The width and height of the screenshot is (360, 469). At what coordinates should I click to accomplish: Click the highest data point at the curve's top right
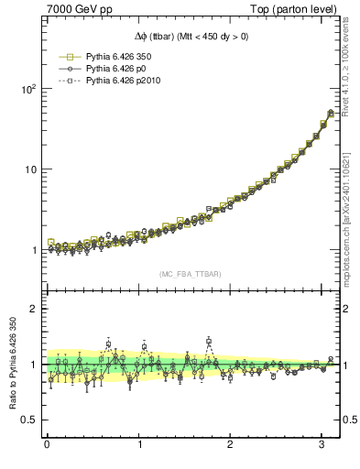331,113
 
